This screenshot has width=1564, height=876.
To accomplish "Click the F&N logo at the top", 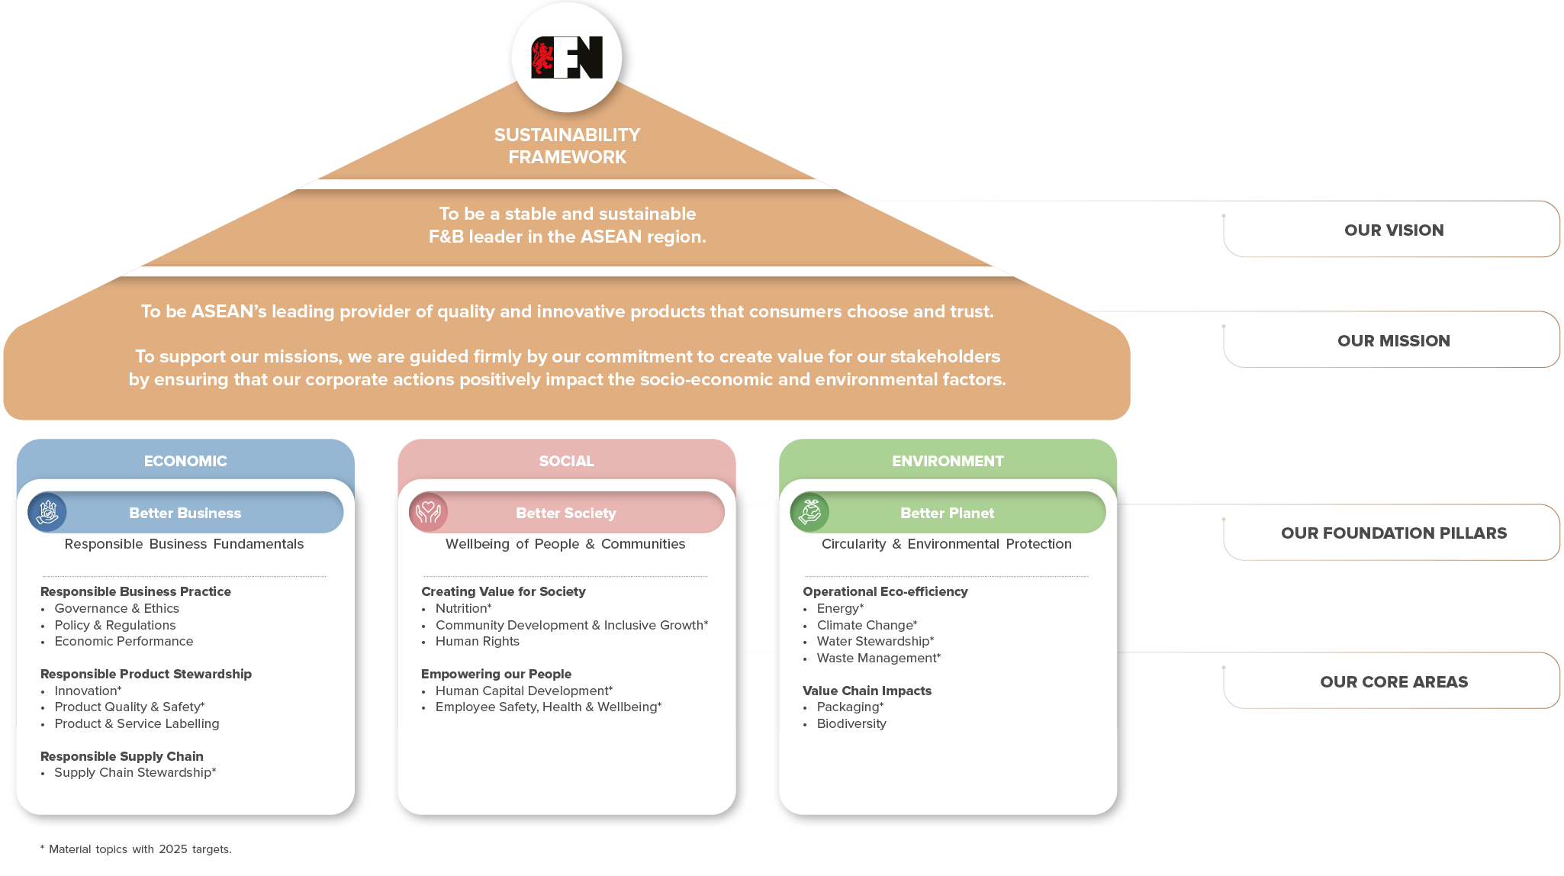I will click(x=567, y=57).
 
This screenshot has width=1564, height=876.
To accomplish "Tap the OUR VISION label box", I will click(x=1392, y=230).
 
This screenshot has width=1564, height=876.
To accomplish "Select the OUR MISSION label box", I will click(x=1392, y=340).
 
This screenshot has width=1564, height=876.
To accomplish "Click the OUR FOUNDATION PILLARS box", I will click(x=1392, y=533).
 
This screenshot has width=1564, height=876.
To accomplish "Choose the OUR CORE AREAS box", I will click(x=1392, y=681).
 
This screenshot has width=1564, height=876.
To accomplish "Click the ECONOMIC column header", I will click(x=185, y=461).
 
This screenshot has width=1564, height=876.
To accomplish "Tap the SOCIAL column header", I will click(x=566, y=461).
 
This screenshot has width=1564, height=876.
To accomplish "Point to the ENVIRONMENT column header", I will click(x=948, y=461).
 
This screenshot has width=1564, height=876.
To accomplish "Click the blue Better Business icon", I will click(x=47, y=511).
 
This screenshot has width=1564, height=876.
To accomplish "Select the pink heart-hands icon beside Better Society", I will click(x=429, y=511).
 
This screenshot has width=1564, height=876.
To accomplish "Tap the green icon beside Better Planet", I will click(x=809, y=511).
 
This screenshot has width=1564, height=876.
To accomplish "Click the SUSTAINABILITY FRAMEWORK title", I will click(x=567, y=146).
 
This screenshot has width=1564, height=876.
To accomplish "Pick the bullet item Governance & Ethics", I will click(x=117, y=608).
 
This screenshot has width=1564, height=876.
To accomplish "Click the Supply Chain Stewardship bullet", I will click(x=135, y=772).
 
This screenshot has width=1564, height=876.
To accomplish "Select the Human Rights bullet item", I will click(x=477, y=641).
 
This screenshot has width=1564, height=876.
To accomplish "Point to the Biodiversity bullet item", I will click(x=851, y=723).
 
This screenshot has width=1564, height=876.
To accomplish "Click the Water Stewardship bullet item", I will click(x=874, y=641).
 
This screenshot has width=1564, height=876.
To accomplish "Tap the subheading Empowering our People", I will click(x=496, y=674).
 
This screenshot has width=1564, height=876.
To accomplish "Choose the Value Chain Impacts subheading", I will click(x=867, y=691).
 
